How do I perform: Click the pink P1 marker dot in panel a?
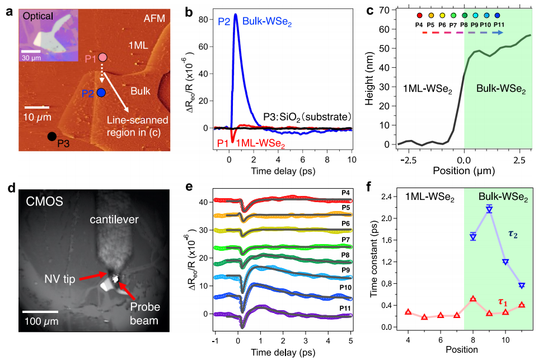click(102, 57)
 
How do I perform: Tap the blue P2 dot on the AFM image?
click(101, 92)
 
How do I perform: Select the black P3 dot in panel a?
click(51, 136)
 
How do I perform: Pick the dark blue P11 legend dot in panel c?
click(497, 16)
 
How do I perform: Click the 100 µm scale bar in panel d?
click(41, 311)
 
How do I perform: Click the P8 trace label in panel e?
click(345, 255)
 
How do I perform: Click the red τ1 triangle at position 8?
click(473, 299)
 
